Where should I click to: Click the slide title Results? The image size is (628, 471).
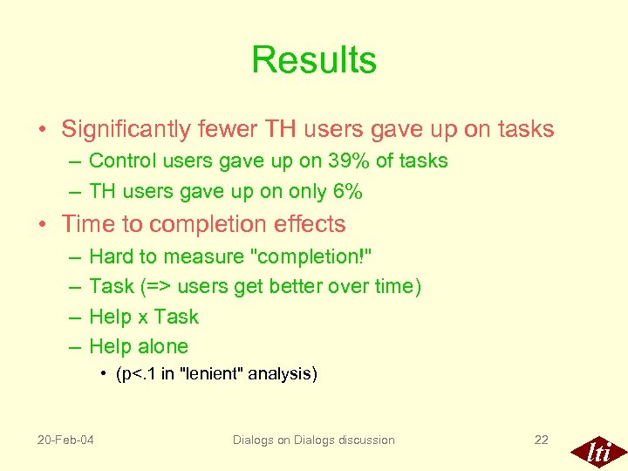point(314,60)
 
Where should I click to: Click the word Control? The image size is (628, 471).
point(119,161)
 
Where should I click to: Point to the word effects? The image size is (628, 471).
point(307,224)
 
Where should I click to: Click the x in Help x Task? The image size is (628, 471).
point(142,317)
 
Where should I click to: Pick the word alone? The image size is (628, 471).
point(162,346)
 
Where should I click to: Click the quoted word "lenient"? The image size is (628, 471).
point(211,374)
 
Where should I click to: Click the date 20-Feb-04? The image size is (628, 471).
point(65,440)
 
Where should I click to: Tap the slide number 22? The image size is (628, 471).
point(541,440)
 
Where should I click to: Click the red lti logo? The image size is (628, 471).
point(597,452)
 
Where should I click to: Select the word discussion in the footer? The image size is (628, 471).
point(360,440)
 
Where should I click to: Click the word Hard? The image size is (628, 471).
point(108,256)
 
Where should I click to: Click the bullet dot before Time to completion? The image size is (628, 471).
point(43,225)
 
